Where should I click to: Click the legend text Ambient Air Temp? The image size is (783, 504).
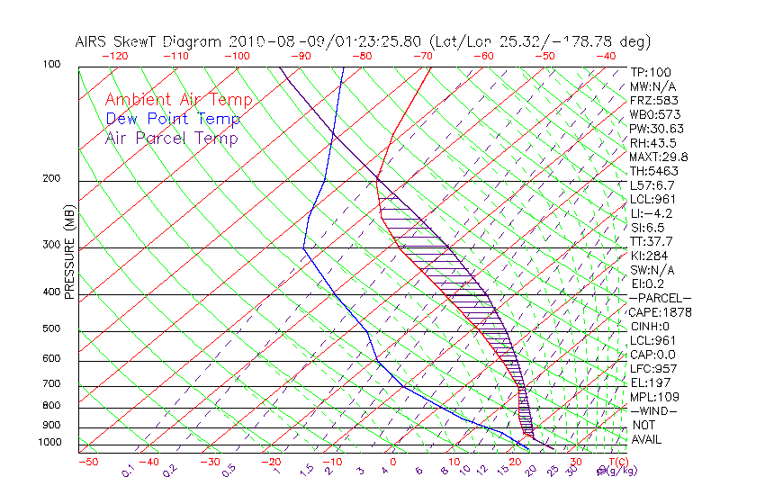coord(178,100)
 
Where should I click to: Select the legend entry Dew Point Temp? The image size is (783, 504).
coord(173,119)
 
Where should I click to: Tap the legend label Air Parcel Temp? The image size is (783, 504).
coord(171,138)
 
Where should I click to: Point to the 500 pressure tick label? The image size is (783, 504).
coord(51,329)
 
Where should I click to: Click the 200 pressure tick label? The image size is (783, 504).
coord(51,179)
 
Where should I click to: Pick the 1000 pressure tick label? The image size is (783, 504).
coord(49,443)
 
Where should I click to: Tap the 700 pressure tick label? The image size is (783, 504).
coord(51,385)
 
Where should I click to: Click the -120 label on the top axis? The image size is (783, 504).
coord(114,56)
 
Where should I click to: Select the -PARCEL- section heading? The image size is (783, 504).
coord(661,298)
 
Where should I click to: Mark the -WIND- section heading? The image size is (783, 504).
coord(654,410)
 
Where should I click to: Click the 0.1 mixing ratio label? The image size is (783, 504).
coord(129,470)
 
